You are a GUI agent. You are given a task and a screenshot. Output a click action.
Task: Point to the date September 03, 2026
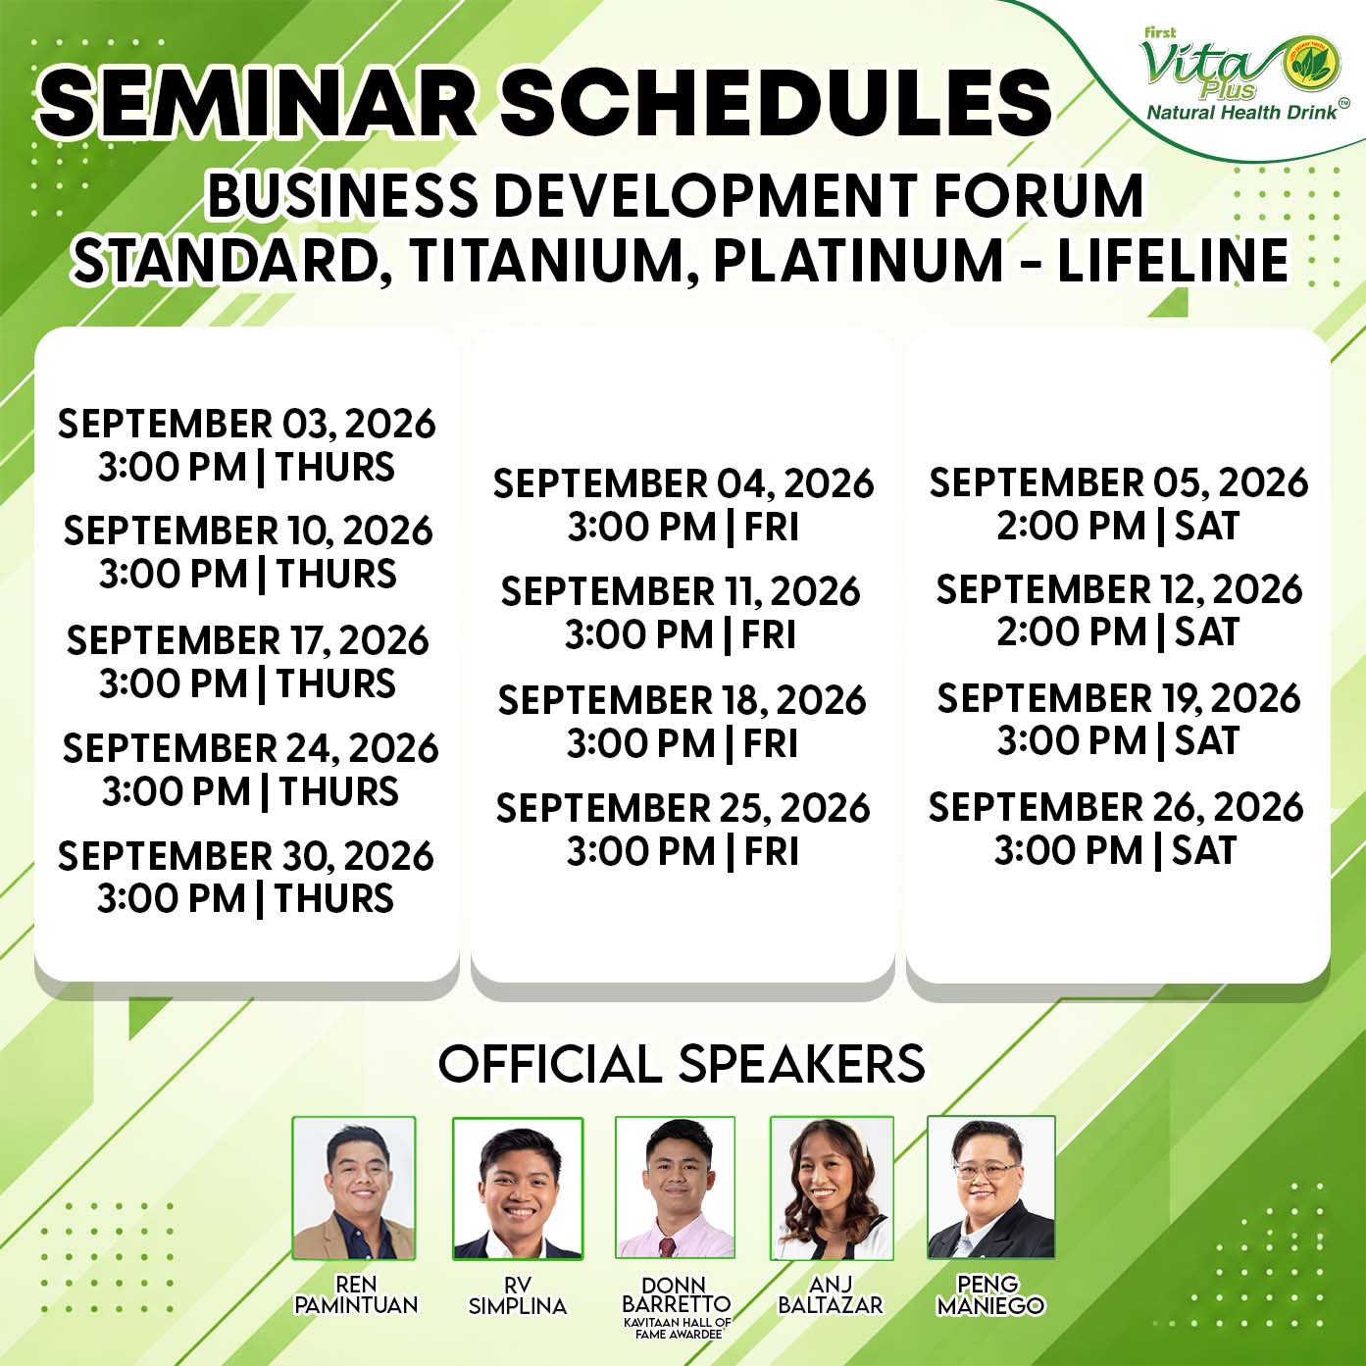[x=247, y=424]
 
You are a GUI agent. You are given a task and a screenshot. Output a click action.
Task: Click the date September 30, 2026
[x=245, y=856]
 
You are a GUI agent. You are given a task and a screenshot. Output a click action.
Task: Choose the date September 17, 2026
[x=247, y=640]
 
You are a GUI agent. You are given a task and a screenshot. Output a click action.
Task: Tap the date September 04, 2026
[x=683, y=484]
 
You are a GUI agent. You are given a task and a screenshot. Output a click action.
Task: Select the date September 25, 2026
[x=683, y=808]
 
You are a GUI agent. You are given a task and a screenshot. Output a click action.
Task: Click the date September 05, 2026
[x=1119, y=482]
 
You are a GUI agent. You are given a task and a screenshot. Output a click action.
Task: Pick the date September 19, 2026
[x=1119, y=698]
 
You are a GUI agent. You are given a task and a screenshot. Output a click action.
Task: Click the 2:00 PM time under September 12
[x=1071, y=632]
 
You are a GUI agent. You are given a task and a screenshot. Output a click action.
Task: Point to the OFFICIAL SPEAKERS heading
[x=682, y=1063]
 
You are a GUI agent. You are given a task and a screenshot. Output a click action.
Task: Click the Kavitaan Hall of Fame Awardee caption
[x=677, y=1328]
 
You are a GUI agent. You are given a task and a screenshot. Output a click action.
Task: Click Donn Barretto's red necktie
[x=667, y=1246]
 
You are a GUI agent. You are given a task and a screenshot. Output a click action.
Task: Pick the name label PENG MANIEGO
[x=990, y=1294]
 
